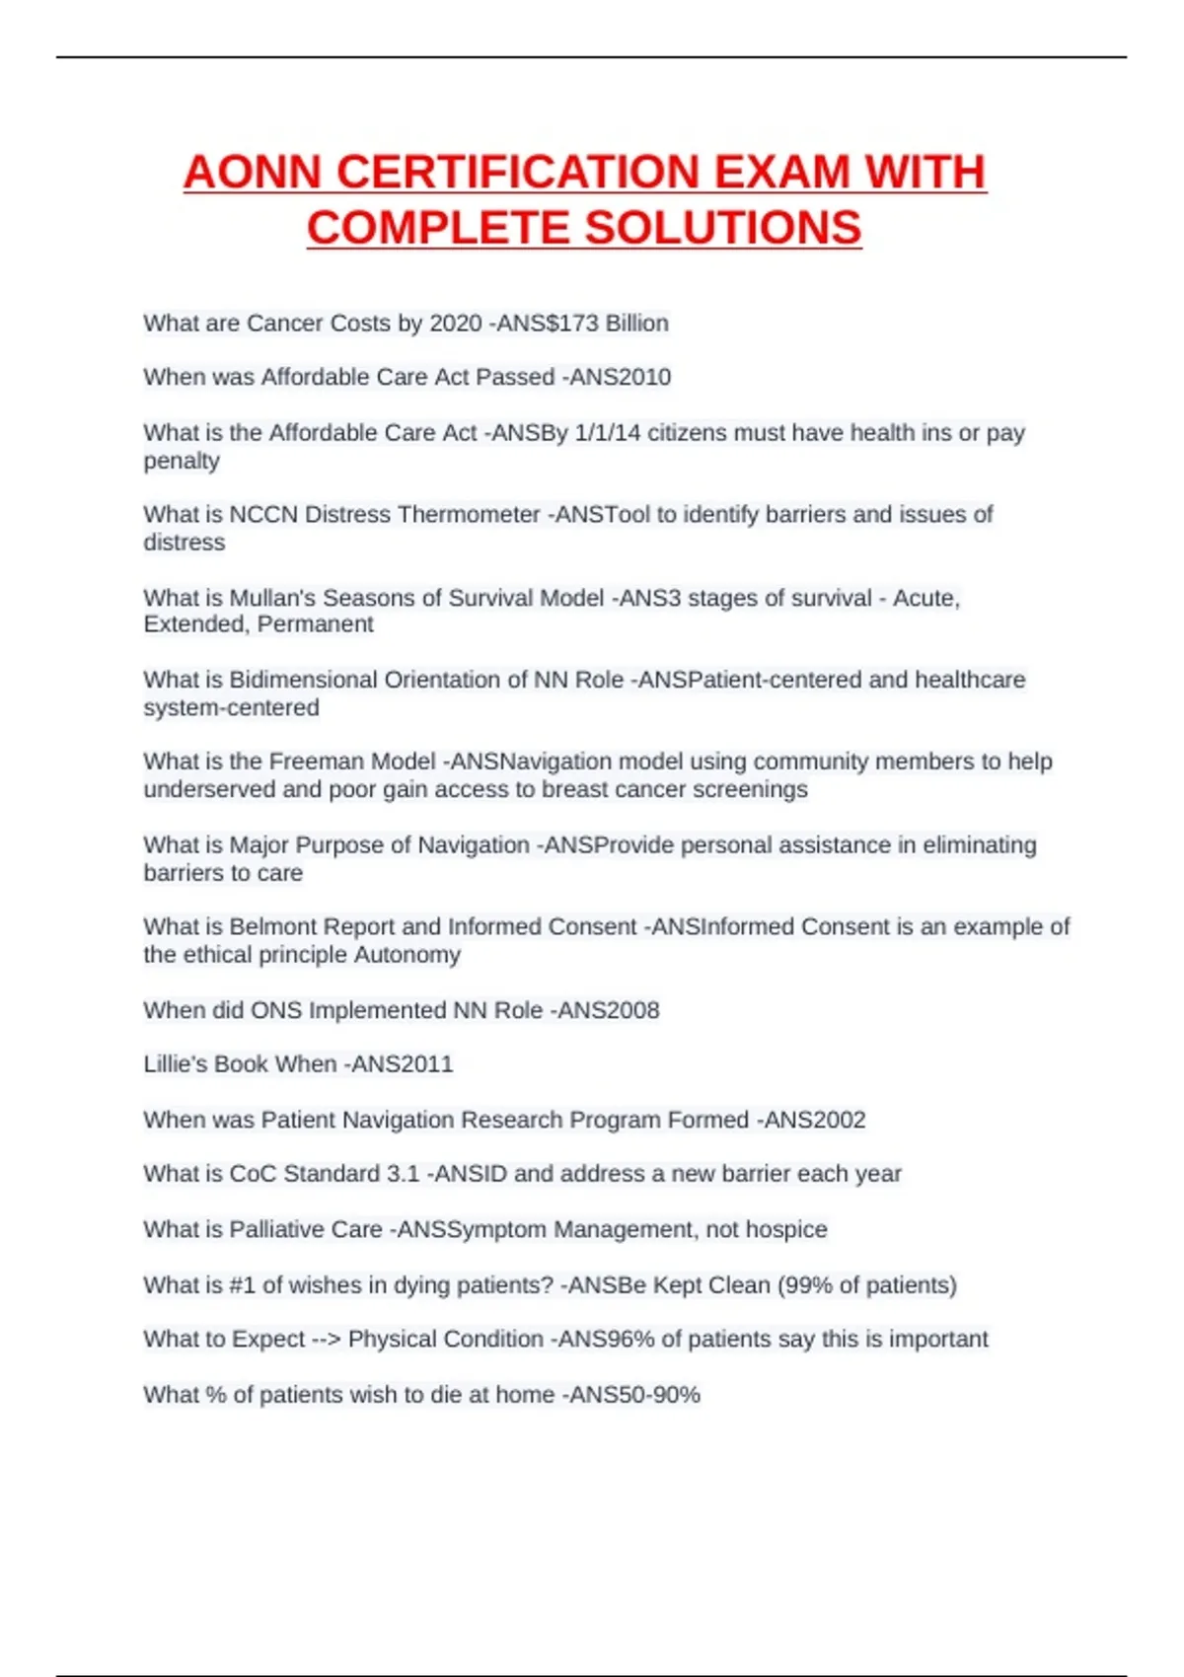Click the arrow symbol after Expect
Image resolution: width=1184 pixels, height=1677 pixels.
pos(326,1340)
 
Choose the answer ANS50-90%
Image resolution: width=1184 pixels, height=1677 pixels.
pos(630,1395)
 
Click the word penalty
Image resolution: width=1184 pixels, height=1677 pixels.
pos(182,461)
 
